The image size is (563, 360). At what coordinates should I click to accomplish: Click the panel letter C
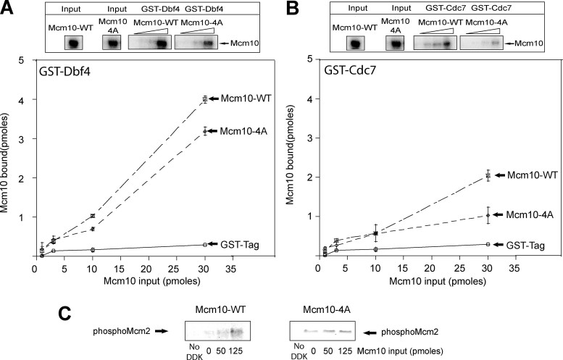[64, 314]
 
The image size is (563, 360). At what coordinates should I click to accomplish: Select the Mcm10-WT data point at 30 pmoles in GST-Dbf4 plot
[205, 99]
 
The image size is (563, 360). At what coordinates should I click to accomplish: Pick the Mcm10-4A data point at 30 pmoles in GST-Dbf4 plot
[205, 131]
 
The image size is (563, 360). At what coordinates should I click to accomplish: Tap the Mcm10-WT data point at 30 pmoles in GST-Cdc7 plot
[488, 175]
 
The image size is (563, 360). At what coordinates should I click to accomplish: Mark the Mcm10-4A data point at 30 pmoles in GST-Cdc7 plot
[488, 214]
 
